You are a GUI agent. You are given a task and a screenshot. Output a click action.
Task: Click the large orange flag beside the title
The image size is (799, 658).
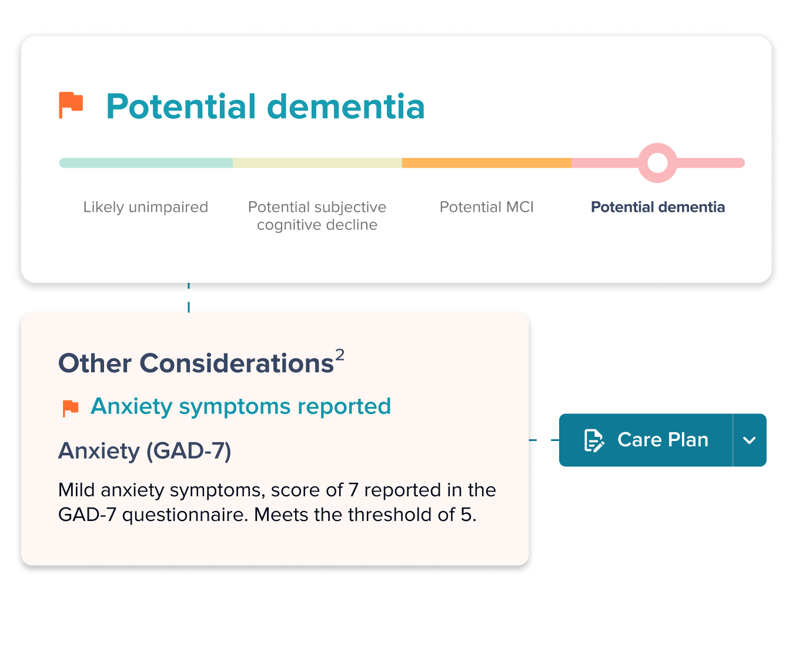point(71,105)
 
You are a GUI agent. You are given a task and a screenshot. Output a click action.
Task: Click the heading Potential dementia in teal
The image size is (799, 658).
point(265,106)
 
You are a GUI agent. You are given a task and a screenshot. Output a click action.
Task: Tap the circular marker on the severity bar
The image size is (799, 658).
point(657,163)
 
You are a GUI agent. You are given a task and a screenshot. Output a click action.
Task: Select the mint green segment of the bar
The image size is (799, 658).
point(146,163)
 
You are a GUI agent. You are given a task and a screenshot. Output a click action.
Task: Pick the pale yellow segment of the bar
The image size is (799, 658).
point(317,163)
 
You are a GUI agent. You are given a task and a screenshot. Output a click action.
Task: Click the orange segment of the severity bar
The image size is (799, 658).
point(486,163)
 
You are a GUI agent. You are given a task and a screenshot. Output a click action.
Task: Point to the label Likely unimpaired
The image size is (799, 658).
point(146,207)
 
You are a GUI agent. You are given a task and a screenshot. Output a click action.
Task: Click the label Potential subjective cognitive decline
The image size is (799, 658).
point(317,216)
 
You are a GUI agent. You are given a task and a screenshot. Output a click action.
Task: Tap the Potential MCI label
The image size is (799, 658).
point(486,207)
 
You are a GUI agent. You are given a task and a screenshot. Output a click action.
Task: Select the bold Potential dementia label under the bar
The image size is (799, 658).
point(657,207)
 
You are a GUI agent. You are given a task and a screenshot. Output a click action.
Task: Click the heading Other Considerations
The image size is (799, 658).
point(196,363)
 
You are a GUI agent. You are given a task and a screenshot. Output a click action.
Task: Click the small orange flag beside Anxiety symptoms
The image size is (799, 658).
point(71,408)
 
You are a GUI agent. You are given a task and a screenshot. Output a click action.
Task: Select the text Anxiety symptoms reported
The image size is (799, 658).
point(240,406)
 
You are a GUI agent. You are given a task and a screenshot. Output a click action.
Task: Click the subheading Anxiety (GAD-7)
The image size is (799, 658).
point(145,451)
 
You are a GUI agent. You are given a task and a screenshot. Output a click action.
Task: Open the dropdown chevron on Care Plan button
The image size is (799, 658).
point(749,440)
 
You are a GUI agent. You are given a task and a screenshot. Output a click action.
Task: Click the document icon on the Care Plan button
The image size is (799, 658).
point(593,440)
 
